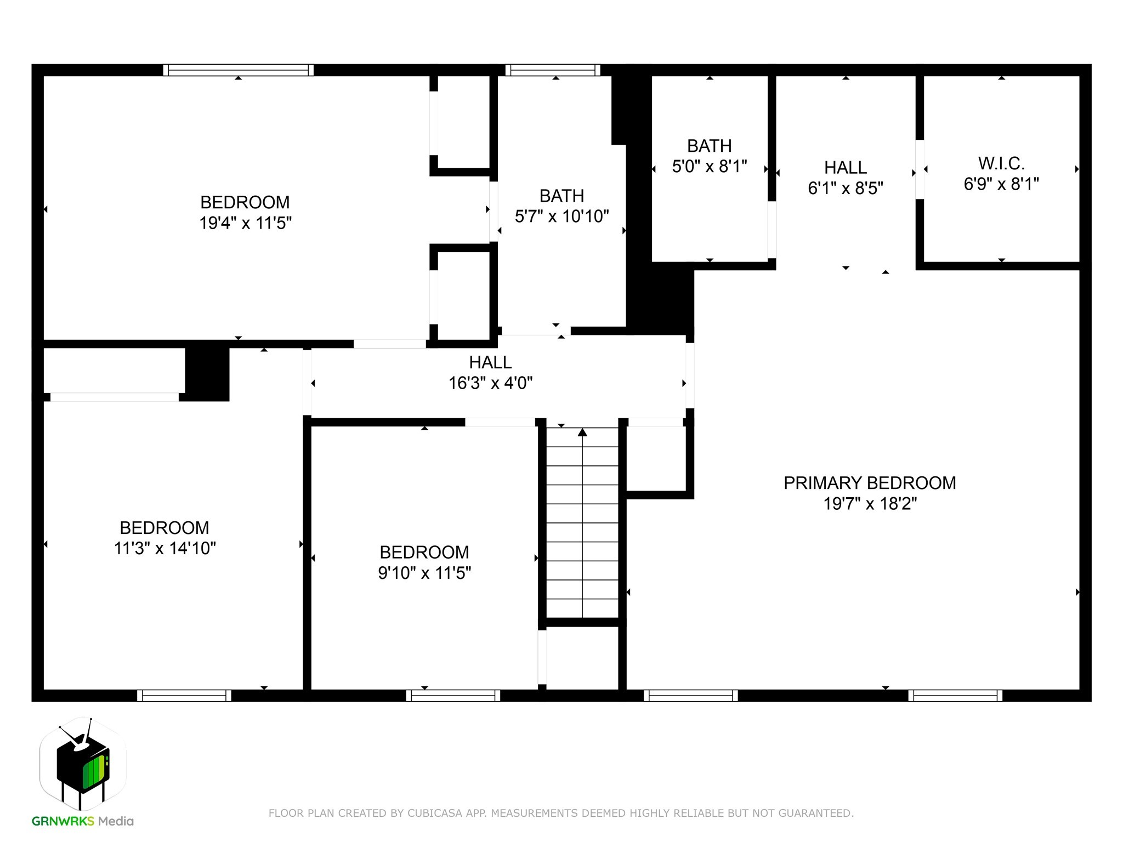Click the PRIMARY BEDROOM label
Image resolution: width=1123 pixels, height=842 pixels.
pos(869,483)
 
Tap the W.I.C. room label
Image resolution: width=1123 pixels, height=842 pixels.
pos(1001,163)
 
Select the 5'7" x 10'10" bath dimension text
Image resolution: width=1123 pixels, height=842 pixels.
pos(561,217)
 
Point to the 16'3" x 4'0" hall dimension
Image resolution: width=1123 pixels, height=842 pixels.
pos(490,383)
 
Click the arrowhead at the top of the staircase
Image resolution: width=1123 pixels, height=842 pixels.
pos(582,433)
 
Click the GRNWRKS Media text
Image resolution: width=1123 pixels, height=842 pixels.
pos(83,821)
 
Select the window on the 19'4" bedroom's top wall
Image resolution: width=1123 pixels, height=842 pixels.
pos(238,70)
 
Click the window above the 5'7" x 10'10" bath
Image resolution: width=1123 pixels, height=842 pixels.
pos(552,70)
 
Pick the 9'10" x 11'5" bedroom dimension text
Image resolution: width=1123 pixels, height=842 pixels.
pos(424,573)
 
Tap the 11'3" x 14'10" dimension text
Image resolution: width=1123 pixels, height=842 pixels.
pos(165,548)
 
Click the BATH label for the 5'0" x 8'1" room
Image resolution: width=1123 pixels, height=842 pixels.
pos(709,146)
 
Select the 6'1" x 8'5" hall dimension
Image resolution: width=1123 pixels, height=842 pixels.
pos(845,188)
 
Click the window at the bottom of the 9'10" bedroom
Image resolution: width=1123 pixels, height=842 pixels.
pos(453,696)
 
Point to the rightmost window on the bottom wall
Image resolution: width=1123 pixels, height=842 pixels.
pos(955,696)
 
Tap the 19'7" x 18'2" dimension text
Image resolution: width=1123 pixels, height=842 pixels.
pos(870,503)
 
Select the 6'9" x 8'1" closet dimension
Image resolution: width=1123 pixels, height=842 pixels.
pos(1001,184)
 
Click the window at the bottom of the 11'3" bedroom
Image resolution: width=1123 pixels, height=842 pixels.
pos(184,696)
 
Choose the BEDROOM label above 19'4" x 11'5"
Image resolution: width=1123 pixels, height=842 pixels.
pos(245,202)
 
